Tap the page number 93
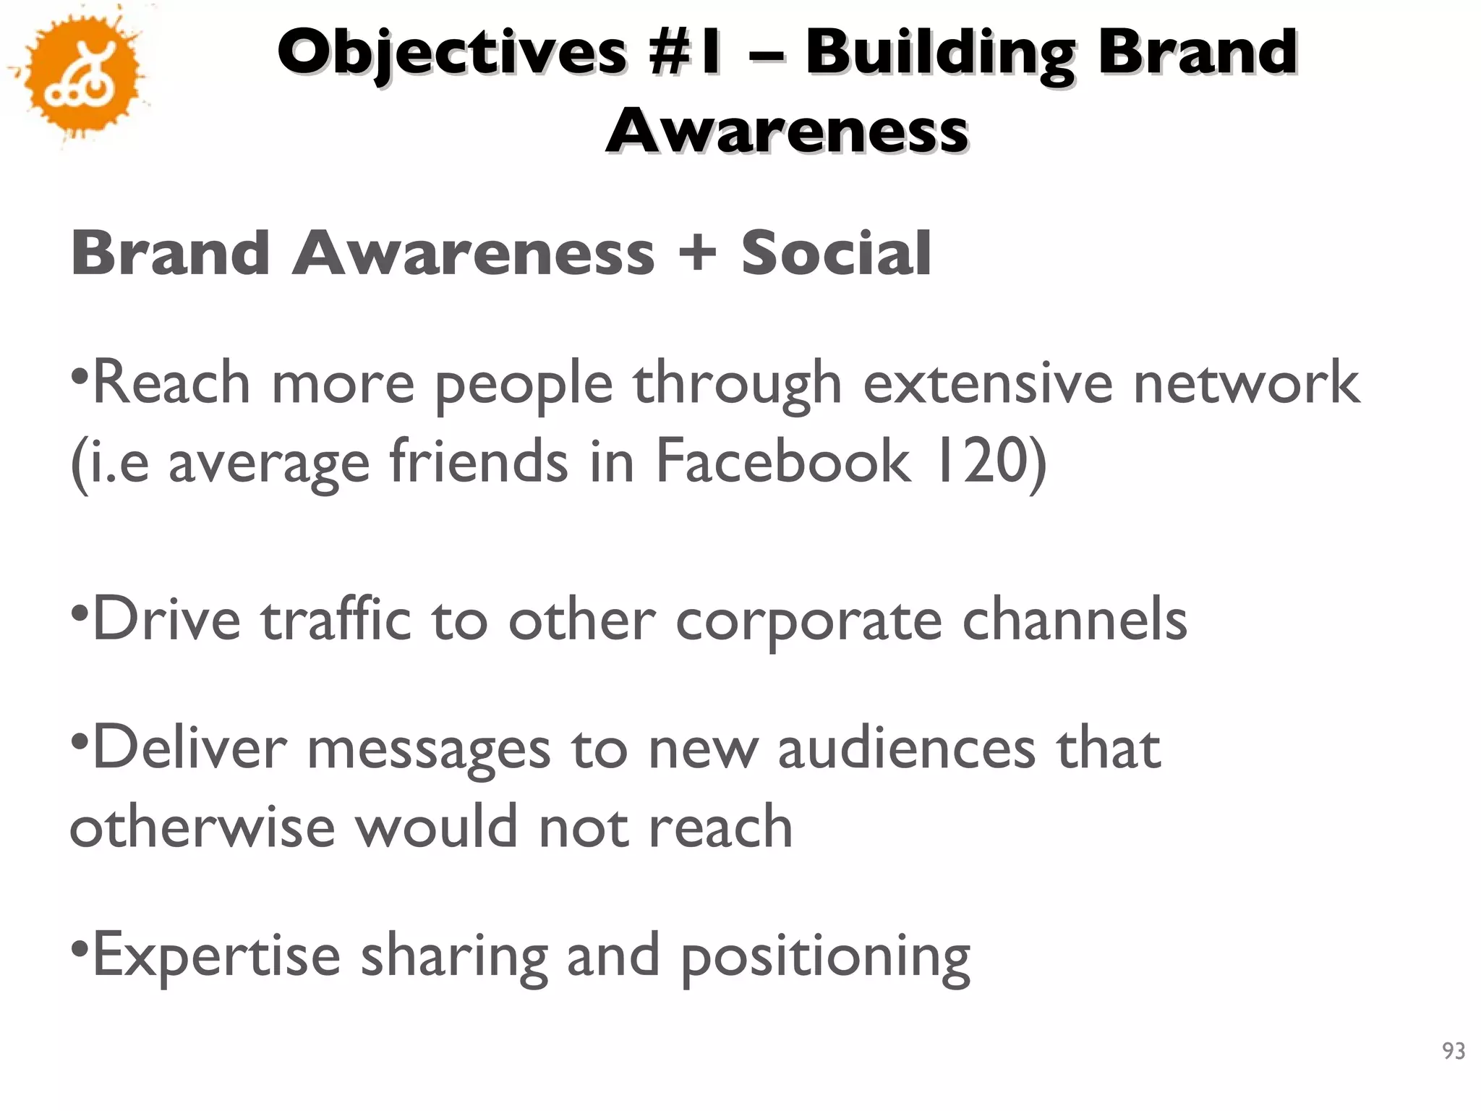click(x=1453, y=1051)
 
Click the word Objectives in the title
click(x=452, y=52)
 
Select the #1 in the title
click(x=686, y=52)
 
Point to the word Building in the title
click(x=939, y=52)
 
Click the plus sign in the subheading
click(x=697, y=252)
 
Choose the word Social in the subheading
click(x=836, y=252)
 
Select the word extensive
click(x=988, y=383)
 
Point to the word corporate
click(x=808, y=621)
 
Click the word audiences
click(x=907, y=749)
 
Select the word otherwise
click(x=202, y=827)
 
